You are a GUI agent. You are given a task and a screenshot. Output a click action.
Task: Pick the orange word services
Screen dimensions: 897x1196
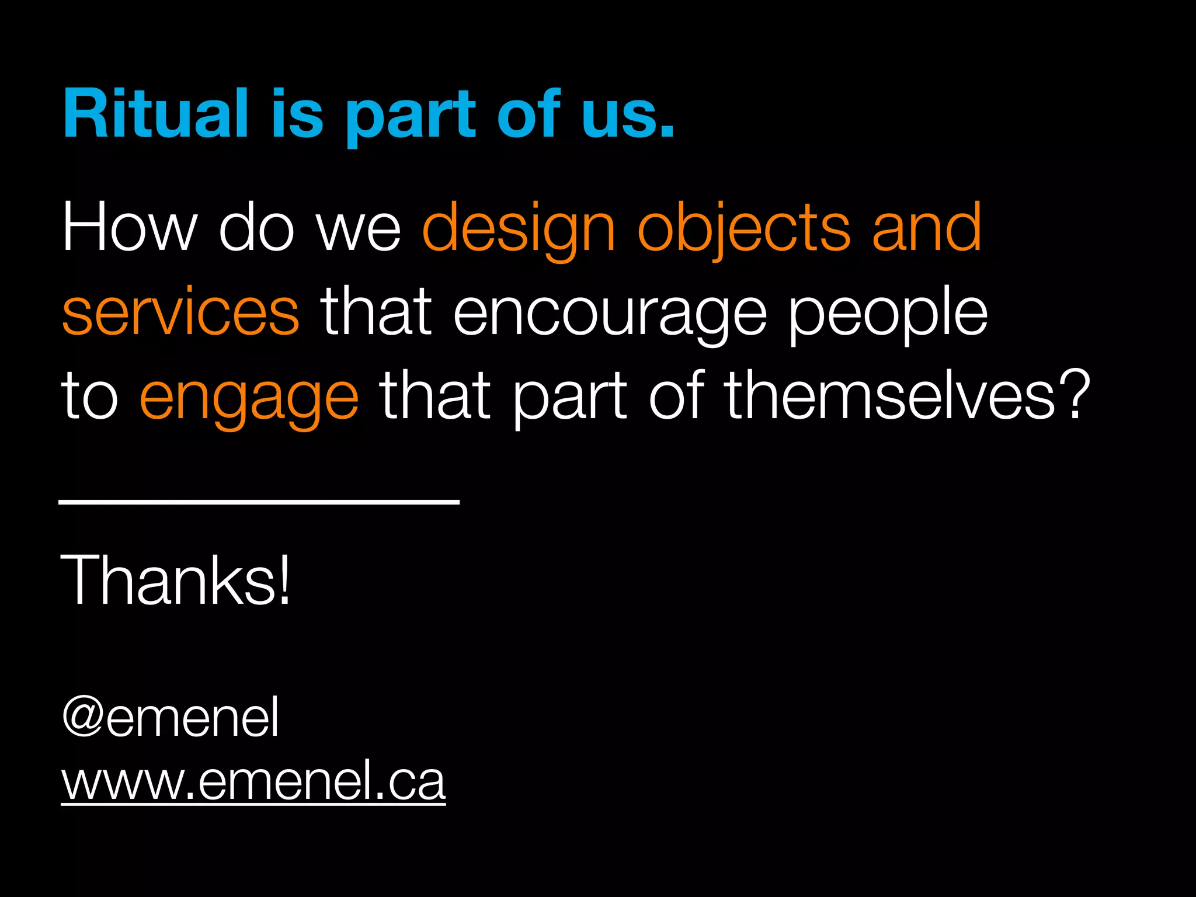pyautogui.click(x=181, y=313)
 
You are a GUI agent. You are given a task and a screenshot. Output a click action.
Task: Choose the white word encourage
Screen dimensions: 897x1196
pyautogui.click(x=610, y=314)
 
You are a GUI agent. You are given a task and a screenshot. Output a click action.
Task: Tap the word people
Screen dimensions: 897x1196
pyautogui.click(x=888, y=314)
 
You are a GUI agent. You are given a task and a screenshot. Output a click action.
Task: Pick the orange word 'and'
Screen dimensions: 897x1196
pyautogui.click(x=927, y=227)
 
